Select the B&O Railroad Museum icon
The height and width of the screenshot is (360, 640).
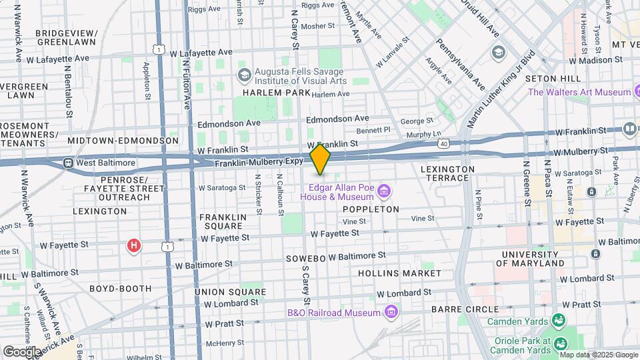pos(391,312)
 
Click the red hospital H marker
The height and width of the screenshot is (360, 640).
pos(134,247)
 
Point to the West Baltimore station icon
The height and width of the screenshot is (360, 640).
pos(68,163)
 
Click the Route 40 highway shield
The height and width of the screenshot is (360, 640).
pos(443,143)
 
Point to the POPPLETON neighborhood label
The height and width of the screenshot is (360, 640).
pos(371,209)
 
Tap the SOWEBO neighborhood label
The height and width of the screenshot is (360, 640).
pos(305,258)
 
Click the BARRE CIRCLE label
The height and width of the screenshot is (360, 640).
pos(465,309)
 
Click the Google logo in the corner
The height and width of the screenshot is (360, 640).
pos(21,351)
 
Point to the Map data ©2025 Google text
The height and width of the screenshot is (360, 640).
pos(598,355)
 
